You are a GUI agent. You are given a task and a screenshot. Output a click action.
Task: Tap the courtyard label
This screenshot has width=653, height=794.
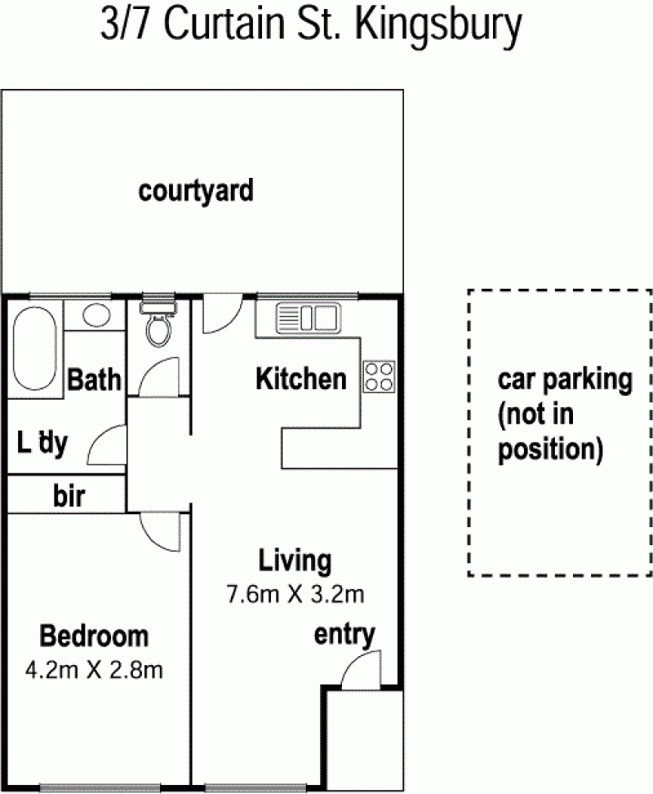pos(196,192)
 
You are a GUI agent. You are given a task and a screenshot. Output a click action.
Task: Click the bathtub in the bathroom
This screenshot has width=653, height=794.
pos(34,349)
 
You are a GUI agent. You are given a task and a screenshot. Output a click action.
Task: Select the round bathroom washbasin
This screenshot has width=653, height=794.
pos(96,315)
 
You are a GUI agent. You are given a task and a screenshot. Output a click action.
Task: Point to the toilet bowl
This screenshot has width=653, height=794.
pos(158,329)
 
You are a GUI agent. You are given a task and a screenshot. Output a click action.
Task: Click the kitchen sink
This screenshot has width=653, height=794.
pos(309,317)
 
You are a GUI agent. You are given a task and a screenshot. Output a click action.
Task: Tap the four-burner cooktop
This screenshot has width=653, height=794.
pos(380,377)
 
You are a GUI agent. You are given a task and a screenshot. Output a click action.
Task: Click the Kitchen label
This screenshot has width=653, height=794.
pos(301,379)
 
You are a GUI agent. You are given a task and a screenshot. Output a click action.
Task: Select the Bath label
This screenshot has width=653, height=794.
pos(94,379)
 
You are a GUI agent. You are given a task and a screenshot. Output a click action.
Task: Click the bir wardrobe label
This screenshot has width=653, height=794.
pos(69,496)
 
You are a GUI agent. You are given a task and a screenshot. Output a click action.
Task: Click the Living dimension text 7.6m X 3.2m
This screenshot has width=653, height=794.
pos(295,594)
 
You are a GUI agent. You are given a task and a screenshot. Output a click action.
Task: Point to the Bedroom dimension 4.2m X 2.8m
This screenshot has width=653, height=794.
pos(94,671)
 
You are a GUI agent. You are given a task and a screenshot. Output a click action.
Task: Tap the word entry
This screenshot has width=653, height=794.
pos(344,635)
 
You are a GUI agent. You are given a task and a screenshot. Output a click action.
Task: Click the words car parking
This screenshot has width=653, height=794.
pos(565,380)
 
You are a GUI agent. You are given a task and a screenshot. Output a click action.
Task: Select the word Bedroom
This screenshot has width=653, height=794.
pos(94,636)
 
